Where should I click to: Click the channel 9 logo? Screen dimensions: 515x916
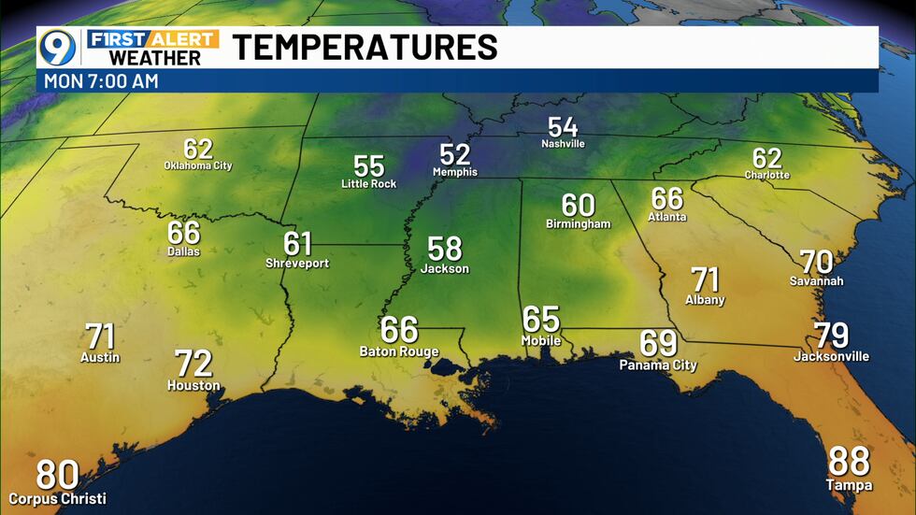(57, 47)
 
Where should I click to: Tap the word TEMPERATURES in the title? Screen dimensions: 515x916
(365, 47)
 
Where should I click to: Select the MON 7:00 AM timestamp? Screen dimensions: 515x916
(101, 81)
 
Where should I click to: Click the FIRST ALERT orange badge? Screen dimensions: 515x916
(154, 38)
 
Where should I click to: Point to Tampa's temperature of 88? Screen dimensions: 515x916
(849, 462)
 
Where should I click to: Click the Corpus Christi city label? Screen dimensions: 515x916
(58, 499)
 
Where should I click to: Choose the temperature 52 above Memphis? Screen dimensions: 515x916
(454, 154)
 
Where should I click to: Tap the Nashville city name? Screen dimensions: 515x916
(563, 144)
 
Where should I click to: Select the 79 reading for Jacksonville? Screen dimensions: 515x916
(831, 335)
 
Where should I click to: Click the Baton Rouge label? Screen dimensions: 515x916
(398, 351)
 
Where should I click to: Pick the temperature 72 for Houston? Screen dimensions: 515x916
(193, 364)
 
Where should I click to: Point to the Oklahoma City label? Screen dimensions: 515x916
(198, 165)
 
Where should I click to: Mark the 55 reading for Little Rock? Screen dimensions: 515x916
(368, 166)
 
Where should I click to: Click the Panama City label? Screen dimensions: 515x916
(658, 365)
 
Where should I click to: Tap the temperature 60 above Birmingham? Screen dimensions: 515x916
(578, 205)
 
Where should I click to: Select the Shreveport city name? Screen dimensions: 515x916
(297, 264)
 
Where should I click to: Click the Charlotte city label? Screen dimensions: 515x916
(766, 175)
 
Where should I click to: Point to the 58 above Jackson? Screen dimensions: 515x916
(445, 249)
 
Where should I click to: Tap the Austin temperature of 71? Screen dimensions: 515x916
(100, 336)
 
